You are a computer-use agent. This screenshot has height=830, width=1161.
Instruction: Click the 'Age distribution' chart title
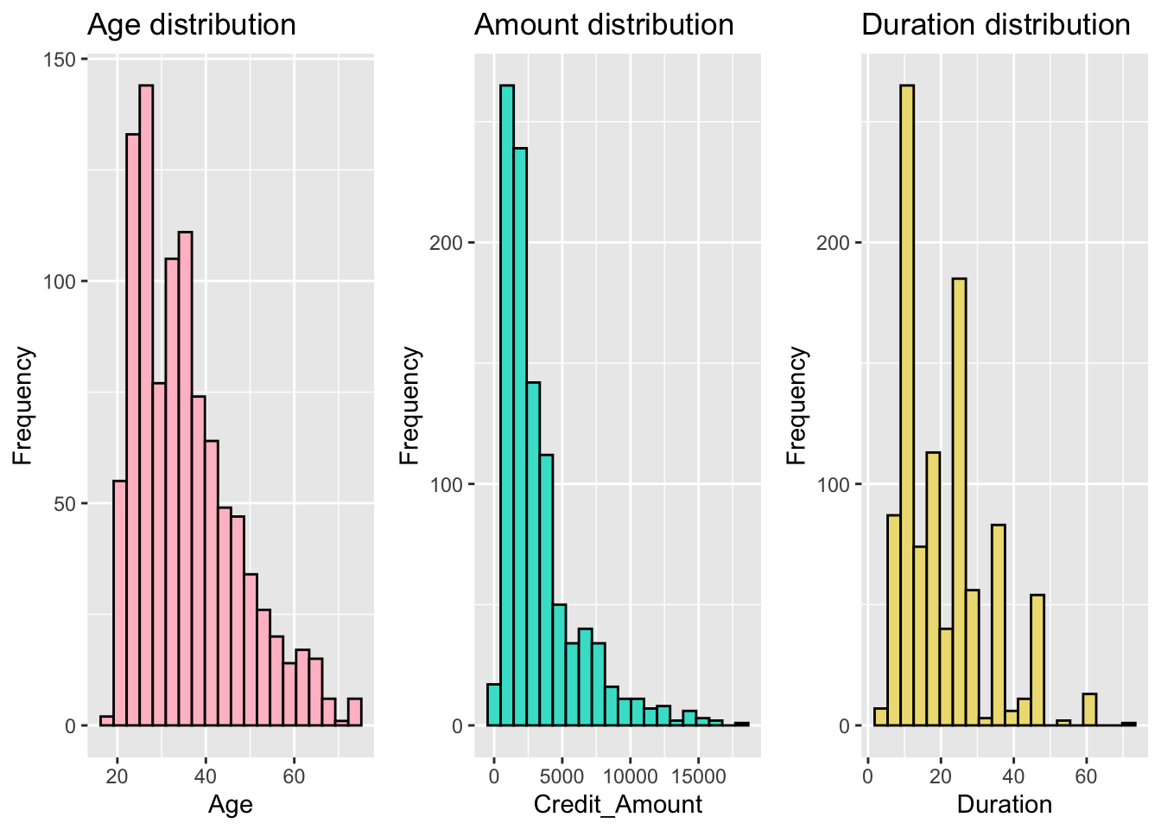tap(192, 24)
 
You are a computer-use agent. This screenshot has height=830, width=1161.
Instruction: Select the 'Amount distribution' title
tap(604, 24)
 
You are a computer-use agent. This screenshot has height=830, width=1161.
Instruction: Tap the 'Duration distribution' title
tap(995, 24)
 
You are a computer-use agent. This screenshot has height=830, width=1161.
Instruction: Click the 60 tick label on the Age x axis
tap(294, 776)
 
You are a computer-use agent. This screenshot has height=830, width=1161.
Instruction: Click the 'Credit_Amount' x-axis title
tap(618, 805)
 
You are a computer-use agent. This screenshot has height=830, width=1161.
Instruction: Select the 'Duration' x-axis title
tap(1004, 805)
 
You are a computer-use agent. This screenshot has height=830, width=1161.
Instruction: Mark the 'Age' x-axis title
tap(231, 805)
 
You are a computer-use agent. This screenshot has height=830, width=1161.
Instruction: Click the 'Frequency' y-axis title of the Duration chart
tap(797, 405)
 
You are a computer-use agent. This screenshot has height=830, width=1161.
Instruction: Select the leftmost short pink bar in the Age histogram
tap(107, 721)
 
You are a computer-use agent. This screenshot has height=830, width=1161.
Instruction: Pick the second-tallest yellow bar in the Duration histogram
tap(959, 501)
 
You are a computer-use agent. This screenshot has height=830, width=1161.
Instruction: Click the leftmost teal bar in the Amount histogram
tap(494, 705)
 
